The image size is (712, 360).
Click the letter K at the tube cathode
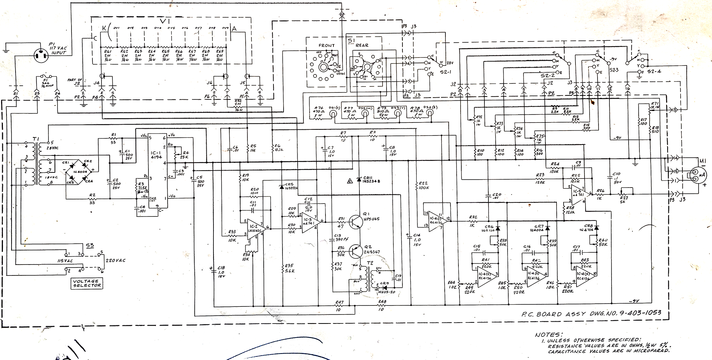(x=104, y=28)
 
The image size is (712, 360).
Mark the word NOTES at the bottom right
(x=548, y=335)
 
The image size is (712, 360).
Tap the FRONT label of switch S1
(x=326, y=46)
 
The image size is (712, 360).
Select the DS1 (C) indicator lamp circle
(x=335, y=114)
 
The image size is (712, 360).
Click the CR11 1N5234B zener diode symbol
(x=359, y=180)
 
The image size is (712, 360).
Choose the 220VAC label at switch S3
(x=115, y=260)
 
